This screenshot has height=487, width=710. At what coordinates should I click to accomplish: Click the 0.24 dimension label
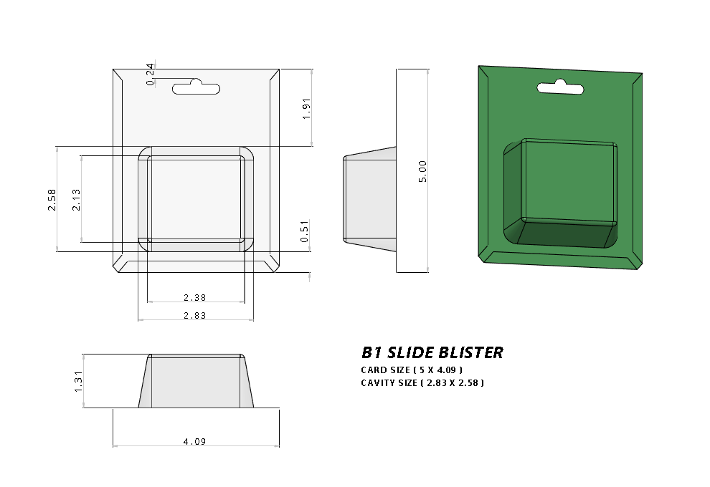(150, 74)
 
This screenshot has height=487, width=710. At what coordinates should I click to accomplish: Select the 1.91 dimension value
(306, 107)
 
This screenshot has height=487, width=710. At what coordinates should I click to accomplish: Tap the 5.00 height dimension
(423, 171)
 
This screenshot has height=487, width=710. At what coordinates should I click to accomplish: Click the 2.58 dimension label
(52, 199)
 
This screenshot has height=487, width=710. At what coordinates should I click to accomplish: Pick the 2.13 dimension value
(76, 199)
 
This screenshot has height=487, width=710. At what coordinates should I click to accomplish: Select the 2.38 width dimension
(195, 297)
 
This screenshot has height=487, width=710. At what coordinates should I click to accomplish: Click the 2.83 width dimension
(195, 315)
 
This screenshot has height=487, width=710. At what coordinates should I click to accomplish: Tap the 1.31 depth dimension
(79, 381)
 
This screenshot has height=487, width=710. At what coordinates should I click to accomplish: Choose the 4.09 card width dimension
(194, 442)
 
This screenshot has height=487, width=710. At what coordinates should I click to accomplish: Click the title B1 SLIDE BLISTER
(432, 352)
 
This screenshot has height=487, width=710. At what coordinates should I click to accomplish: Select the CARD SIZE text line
(412, 370)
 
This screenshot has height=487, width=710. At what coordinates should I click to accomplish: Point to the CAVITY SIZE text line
(422, 383)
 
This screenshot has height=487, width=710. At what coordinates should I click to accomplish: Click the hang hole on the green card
(561, 90)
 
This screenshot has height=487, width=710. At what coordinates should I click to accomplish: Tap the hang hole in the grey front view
(197, 88)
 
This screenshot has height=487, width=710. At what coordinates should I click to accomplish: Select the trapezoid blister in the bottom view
(196, 381)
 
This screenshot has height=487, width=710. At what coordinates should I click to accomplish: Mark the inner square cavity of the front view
(195, 198)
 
